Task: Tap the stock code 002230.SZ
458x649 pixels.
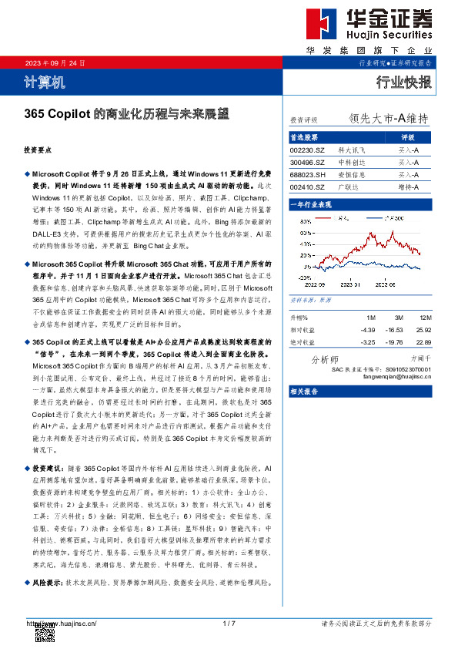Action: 307,150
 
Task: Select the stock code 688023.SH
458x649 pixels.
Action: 307,175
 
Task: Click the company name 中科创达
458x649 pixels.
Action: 355,163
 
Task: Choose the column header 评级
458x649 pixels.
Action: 408,137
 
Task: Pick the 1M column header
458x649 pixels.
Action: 371,317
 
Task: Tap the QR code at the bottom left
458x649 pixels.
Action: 45,633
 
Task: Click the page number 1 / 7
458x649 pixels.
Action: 229,623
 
